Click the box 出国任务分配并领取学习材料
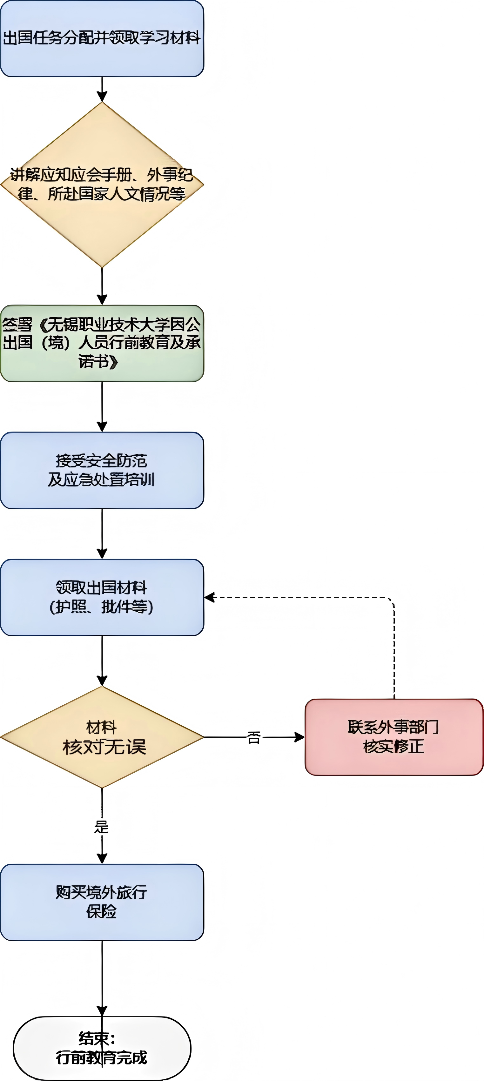click(102, 39)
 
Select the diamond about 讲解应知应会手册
click(102, 185)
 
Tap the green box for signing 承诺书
click(102, 343)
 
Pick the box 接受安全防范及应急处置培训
click(102, 470)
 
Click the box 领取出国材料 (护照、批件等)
click(102, 597)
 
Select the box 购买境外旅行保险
click(102, 902)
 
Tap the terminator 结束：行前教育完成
click(102, 1048)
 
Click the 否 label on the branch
click(253, 737)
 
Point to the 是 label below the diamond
click(102, 827)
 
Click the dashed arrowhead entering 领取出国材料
click(209, 597)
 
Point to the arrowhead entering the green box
click(102, 300)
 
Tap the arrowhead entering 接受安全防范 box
click(102, 427)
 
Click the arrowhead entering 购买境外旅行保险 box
click(102, 859)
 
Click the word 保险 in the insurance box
click(101, 911)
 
